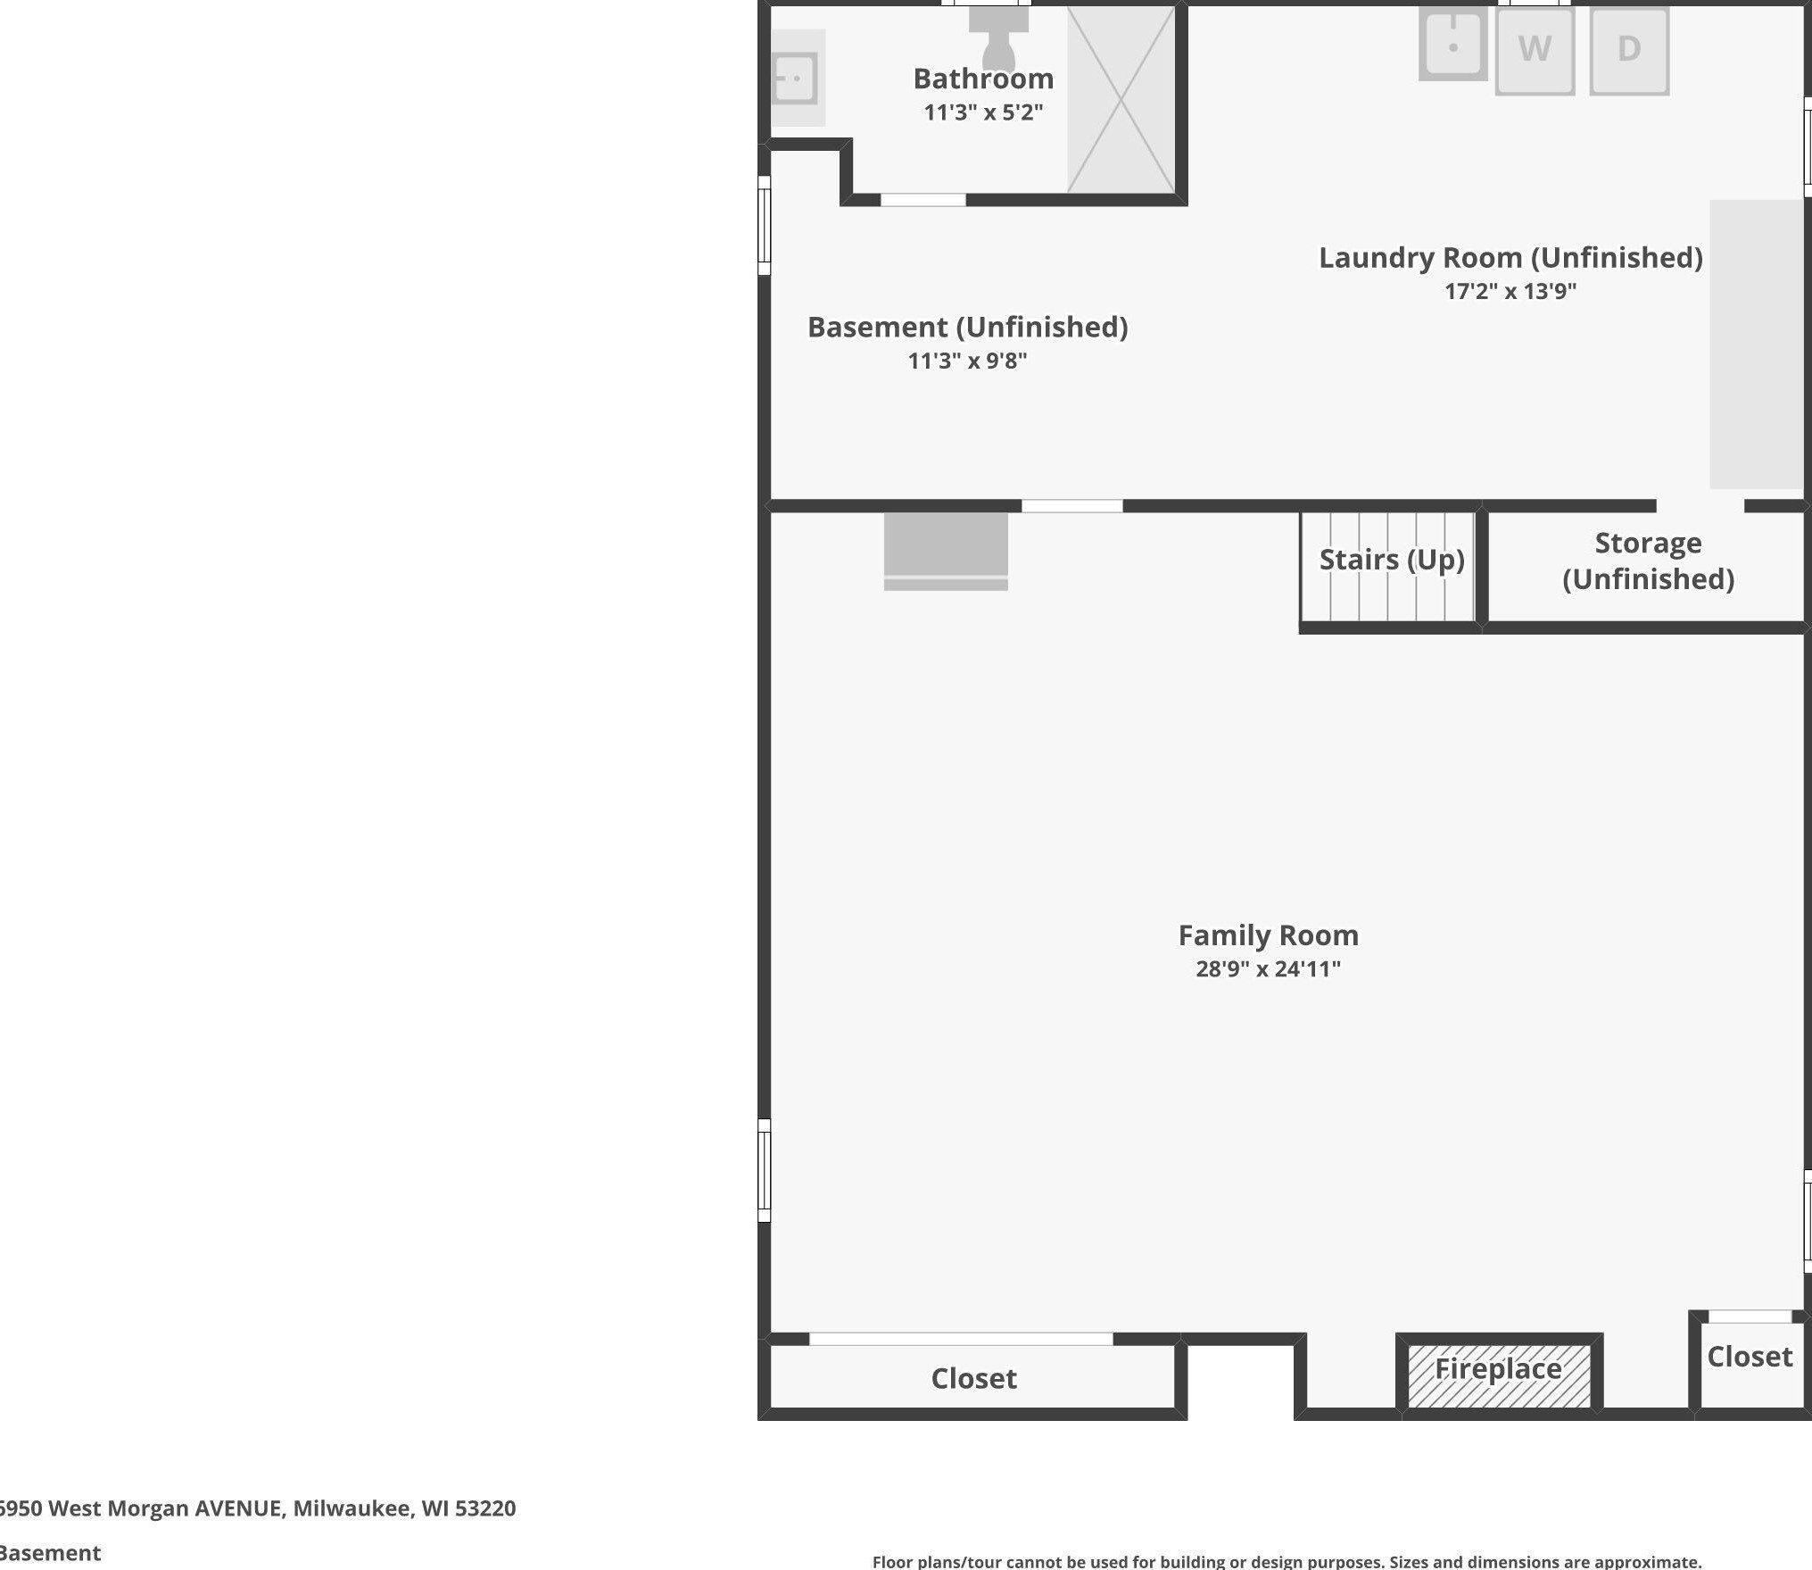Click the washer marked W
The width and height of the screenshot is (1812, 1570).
tap(1535, 50)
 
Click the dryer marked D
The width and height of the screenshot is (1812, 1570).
tap(1629, 50)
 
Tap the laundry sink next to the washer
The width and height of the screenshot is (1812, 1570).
tap(1452, 44)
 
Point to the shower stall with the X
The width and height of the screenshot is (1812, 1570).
tap(1121, 99)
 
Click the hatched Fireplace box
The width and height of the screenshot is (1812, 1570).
tap(1499, 1375)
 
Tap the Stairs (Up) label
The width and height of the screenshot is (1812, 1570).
tap(1392, 560)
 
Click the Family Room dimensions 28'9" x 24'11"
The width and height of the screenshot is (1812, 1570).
tap(1268, 969)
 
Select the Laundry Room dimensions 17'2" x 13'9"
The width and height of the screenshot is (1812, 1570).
tap(1510, 291)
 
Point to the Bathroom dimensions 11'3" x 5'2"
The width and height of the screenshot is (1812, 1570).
tap(983, 112)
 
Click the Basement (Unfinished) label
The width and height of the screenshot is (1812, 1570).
tap(968, 328)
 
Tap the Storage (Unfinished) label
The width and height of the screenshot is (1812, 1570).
tap(1648, 561)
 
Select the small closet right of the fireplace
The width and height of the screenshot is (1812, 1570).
tap(1750, 1361)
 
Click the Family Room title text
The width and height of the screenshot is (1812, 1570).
tap(1268, 935)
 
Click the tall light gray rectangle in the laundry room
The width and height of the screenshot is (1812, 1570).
tap(1756, 344)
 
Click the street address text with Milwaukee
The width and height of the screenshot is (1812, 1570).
tap(257, 1508)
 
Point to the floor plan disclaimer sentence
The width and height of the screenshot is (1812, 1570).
tap(1287, 1561)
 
